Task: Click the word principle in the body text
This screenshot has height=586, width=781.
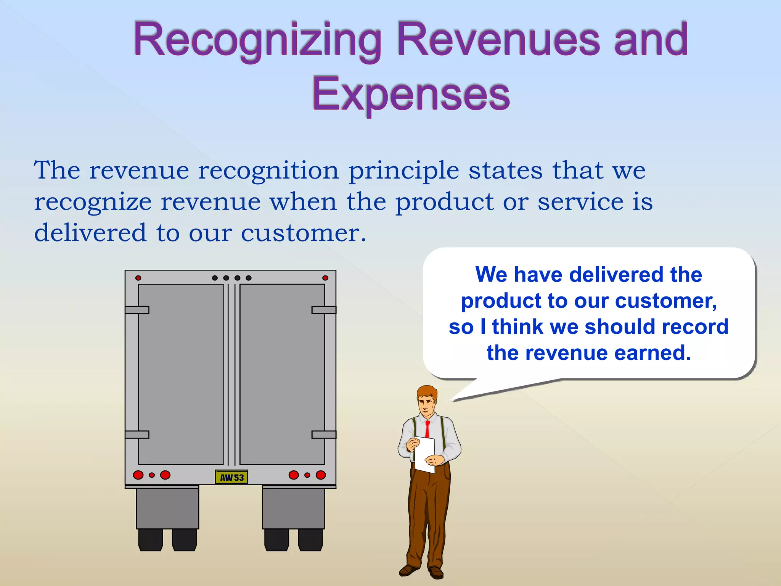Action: (404, 171)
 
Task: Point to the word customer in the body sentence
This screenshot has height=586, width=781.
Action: (303, 233)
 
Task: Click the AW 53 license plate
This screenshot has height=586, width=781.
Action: (231, 477)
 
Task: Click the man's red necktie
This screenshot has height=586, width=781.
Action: (427, 429)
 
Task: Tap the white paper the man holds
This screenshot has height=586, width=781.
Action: (424, 454)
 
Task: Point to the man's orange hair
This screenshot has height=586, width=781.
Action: (427, 392)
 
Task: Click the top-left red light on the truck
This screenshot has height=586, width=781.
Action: (138, 278)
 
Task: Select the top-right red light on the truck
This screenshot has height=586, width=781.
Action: (325, 278)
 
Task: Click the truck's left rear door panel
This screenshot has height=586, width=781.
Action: (181, 374)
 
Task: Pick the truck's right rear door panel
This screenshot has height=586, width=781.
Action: (282, 374)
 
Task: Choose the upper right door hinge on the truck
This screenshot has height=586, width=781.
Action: (324, 310)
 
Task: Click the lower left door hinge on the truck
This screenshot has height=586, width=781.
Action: (137, 435)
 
